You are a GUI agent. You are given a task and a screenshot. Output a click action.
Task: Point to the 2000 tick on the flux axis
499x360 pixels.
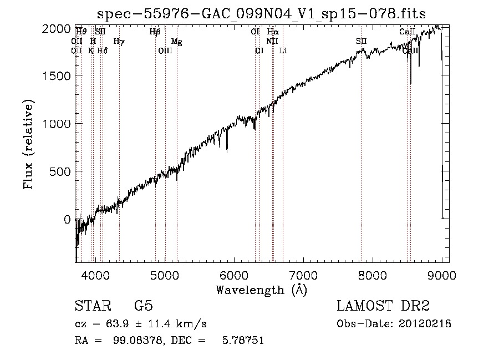(x=56, y=28)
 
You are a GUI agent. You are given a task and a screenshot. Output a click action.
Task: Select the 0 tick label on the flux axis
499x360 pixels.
(x=67, y=219)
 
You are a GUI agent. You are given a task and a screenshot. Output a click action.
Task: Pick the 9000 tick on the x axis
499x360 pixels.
(x=442, y=274)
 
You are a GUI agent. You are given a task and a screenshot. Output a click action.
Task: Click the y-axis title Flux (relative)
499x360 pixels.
(x=28, y=144)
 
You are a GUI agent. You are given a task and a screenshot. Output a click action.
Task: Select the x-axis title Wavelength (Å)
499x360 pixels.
(x=261, y=290)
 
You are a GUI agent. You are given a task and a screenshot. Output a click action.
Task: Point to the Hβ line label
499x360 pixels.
(x=155, y=32)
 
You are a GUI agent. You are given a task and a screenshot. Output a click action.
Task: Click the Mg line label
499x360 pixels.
(x=176, y=42)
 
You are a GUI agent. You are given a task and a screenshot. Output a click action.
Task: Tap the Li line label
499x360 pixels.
(x=283, y=50)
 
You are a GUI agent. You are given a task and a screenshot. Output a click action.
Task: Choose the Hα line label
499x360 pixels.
(x=272, y=32)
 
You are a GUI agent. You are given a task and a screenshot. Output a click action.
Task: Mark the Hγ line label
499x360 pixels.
(x=119, y=42)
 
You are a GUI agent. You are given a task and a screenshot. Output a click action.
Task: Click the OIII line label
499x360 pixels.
(x=165, y=50)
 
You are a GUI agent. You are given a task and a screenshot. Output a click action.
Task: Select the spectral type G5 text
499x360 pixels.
(x=144, y=306)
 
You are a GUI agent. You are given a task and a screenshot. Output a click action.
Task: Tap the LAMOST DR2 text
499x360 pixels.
(x=383, y=306)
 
